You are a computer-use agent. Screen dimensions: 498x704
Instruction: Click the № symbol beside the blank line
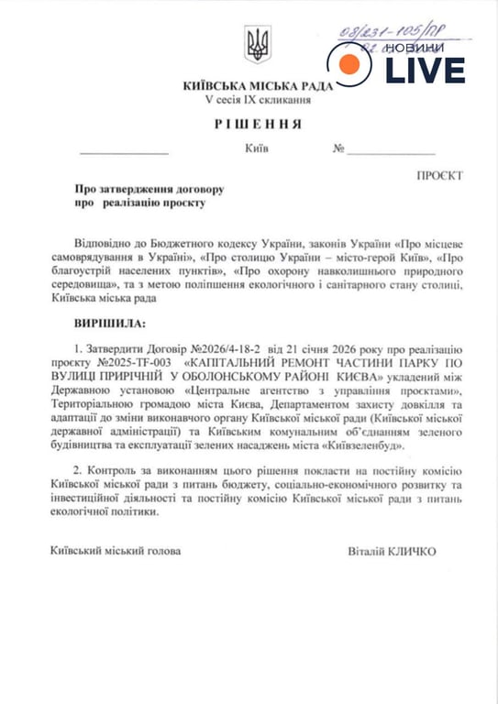(338, 147)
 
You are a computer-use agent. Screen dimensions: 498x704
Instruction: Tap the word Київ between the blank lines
(257, 147)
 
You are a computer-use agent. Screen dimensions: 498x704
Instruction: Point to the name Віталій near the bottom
(368, 552)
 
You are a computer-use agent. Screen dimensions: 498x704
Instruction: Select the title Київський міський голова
(116, 552)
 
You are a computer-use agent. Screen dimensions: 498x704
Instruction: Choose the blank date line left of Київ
(114, 150)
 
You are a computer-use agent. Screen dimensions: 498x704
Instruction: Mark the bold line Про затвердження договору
(149, 188)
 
